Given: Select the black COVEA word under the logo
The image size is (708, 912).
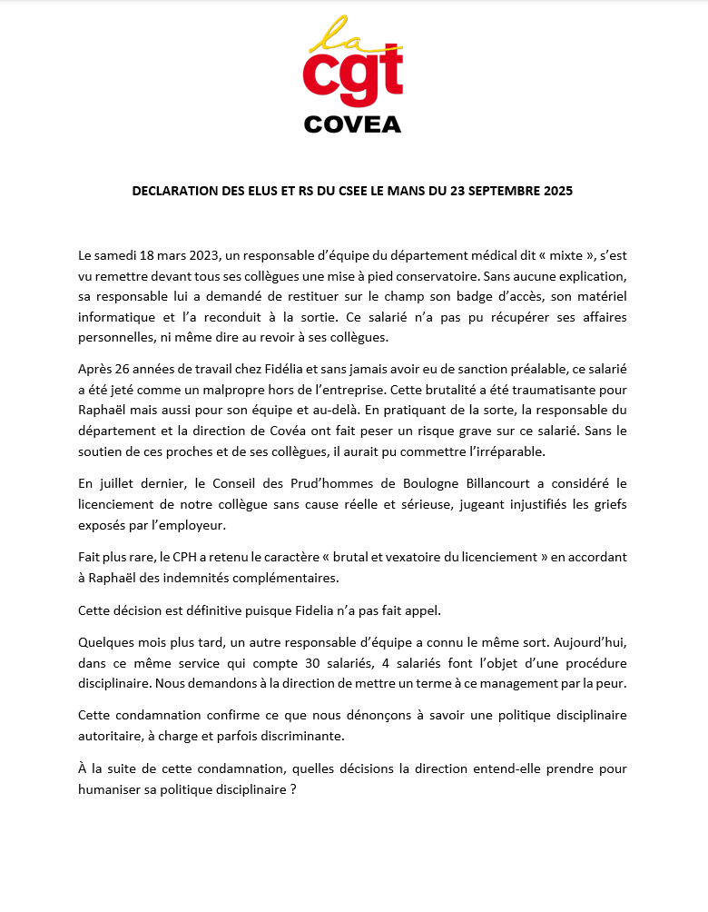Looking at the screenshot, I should [x=352, y=124].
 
